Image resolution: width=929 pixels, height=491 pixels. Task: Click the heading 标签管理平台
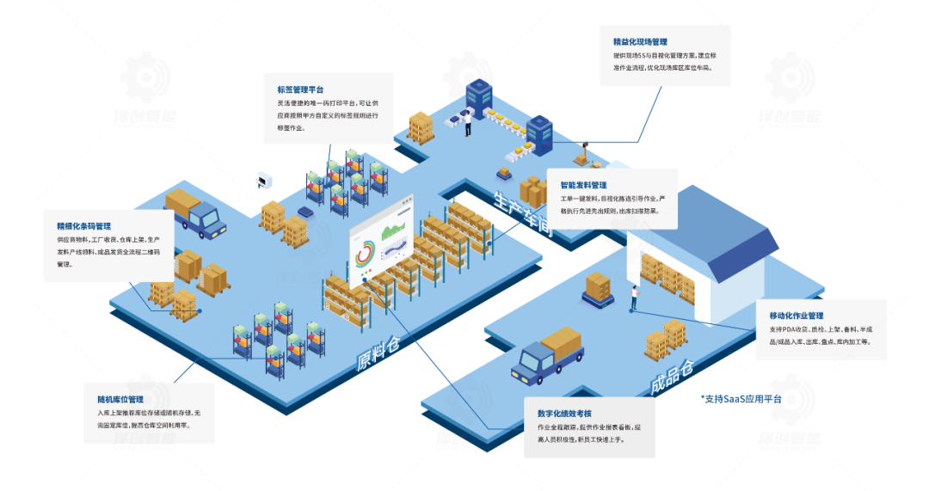tap(300, 89)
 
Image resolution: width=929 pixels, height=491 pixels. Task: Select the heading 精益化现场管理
tap(640, 41)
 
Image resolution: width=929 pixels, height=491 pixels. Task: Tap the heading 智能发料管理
tap(583, 185)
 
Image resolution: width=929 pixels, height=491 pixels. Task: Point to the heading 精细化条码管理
tap(84, 226)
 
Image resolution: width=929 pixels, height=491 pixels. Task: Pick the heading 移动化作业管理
tap(797, 316)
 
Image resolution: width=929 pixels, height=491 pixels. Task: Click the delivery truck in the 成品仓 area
tap(547, 353)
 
